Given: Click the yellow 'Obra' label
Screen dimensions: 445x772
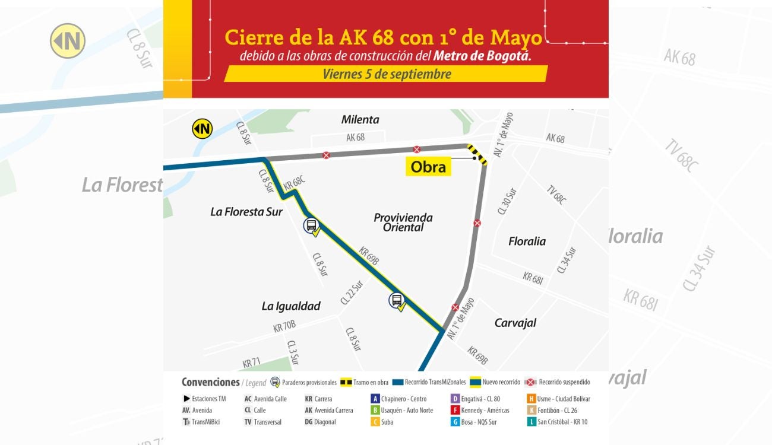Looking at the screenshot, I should (x=428, y=167).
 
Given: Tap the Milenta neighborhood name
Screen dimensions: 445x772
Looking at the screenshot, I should (x=360, y=119).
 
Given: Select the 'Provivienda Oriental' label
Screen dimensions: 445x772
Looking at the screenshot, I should (x=403, y=222).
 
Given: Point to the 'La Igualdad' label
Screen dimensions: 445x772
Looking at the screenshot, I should (x=291, y=306).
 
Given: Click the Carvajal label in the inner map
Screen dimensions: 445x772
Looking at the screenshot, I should (x=515, y=323).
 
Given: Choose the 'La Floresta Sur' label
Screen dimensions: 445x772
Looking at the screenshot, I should (x=246, y=211).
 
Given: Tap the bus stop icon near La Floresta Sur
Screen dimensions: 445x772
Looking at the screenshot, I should (x=311, y=225).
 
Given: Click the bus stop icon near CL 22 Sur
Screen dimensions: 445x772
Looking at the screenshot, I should (x=397, y=300).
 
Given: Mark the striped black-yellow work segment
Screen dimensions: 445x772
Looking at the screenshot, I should (x=477, y=154).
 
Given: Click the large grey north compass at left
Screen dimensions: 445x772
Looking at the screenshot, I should (x=68, y=41).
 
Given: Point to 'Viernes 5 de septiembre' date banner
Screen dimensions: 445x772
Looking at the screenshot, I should (x=387, y=74).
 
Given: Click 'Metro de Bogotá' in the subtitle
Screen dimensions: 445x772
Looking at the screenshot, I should (x=482, y=56).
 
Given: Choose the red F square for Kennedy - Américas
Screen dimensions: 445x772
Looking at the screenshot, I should (x=455, y=410).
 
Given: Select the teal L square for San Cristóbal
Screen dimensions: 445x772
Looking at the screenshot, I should (x=531, y=422).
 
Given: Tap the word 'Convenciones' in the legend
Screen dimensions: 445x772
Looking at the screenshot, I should (x=211, y=383).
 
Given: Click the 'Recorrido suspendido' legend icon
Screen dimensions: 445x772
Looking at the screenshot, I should (x=531, y=383).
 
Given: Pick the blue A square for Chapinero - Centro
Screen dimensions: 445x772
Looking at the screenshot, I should (x=375, y=399).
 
